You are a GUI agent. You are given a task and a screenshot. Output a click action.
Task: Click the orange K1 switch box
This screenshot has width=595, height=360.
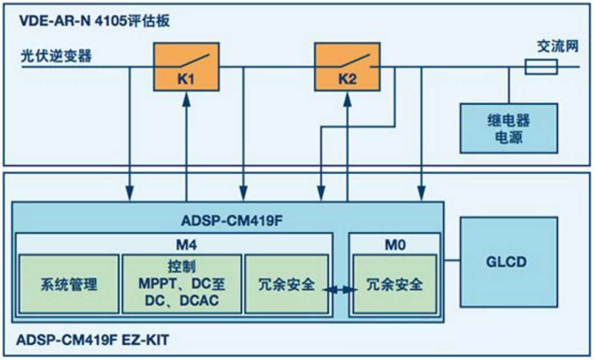click(x=186, y=67)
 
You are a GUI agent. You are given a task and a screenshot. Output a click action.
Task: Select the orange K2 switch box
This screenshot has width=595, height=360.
click(x=347, y=67)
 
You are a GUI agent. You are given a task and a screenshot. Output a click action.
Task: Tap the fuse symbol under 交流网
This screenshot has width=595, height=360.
click(x=541, y=67)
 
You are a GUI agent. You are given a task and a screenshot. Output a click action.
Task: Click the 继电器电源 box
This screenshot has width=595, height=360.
click(x=509, y=128)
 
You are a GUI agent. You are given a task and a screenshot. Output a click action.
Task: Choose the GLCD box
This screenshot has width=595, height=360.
click(x=509, y=262)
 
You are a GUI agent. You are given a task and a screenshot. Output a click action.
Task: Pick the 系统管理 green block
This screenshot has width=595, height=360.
click(x=69, y=284)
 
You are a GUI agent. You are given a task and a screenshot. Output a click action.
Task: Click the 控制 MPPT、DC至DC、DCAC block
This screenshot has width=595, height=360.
click(x=182, y=284)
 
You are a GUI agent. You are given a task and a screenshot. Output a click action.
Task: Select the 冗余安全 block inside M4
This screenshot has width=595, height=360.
click(x=287, y=284)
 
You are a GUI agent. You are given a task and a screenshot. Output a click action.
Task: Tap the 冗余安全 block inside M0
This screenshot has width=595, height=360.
click(x=395, y=284)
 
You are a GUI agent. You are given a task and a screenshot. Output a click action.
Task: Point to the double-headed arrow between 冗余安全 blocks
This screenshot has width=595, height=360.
click(x=340, y=290)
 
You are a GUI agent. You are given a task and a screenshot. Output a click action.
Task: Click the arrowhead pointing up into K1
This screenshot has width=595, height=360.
click(x=186, y=99)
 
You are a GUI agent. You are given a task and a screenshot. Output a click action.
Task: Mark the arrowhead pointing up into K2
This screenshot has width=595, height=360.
click(x=347, y=99)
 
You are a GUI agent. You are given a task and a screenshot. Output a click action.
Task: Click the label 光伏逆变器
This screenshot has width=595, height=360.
click(x=56, y=56)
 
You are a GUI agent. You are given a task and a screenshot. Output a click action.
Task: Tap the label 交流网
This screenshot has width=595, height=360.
click(x=558, y=46)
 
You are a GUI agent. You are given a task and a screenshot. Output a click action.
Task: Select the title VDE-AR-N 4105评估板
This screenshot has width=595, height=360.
click(x=94, y=21)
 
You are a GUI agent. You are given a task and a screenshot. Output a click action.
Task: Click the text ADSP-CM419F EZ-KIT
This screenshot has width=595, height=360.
click(x=92, y=340)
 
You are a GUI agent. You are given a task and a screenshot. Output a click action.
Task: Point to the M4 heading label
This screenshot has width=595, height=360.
click(x=186, y=245)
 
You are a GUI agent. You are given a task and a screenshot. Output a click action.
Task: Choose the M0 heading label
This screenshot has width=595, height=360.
click(x=395, y=245)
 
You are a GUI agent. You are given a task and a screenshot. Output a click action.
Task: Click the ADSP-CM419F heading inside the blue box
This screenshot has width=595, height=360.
click(x=232, y=220)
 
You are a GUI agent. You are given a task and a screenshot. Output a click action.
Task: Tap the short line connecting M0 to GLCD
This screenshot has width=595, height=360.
click(x=452, y=260)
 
